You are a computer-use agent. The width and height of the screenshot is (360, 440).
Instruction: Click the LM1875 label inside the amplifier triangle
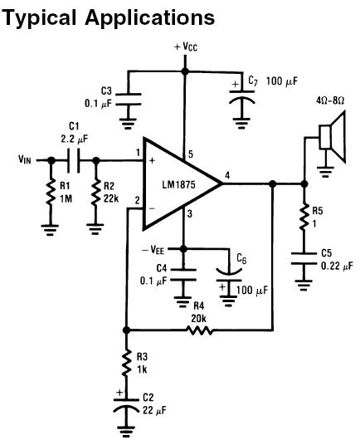pos(178,185)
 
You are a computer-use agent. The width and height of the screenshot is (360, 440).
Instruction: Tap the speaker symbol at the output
pos(333,137)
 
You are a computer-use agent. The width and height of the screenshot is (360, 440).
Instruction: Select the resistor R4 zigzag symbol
pos(199,330)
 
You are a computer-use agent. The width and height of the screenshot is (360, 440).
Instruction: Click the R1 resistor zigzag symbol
pos(51,193)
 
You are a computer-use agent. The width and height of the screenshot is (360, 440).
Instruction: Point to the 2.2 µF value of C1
pos(75,139)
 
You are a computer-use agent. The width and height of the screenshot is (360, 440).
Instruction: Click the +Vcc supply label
pos(186,46)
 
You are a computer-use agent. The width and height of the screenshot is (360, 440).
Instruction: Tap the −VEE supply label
pos(153,249)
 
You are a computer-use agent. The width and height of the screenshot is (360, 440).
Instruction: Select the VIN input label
pos(25,159)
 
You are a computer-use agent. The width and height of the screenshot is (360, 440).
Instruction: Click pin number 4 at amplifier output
pos(227,176)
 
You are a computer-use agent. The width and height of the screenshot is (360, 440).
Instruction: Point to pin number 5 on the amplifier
pos(191,154)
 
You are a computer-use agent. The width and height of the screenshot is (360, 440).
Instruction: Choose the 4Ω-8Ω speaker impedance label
pos(330,100)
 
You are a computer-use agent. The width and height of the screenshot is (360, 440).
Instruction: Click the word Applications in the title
pos(150,18)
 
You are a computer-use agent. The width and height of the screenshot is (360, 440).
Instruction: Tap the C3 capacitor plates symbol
pos(129,99)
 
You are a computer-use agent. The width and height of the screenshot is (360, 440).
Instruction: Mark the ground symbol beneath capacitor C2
pos(125,431)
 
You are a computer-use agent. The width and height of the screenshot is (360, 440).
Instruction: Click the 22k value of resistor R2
pos(111,198)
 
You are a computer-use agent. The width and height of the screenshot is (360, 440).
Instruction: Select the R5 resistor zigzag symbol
pos(304,218)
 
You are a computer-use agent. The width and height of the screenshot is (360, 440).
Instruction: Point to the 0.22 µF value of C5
pos(338,266)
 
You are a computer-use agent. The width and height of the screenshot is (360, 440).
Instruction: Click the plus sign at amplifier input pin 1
pos(152,161)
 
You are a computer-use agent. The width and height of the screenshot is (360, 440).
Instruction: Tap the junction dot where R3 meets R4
pos(126,330)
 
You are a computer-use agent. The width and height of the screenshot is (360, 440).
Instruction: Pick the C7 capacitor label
pos(253,81)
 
